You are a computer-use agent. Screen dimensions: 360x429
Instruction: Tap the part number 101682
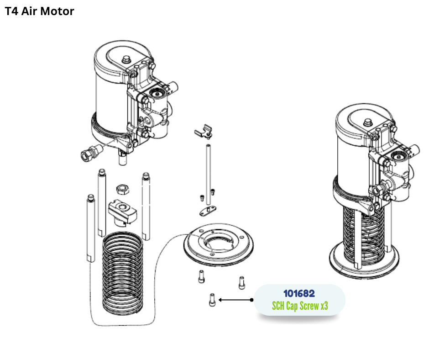[x=299, y=293]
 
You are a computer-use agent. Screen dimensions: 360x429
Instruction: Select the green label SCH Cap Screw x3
[x=300, y=306]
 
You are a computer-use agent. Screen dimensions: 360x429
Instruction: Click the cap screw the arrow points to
[x=212, y=300]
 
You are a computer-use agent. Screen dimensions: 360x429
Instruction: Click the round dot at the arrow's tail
[x=251, y=300]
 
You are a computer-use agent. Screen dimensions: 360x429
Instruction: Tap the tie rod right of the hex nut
[x=146, y=206]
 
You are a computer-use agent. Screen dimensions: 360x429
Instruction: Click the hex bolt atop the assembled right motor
[x=367, y=122]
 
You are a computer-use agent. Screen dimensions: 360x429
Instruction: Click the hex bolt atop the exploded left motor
[x=126, y=59]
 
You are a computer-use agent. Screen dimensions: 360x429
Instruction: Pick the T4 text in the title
[x=12, y=11]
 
